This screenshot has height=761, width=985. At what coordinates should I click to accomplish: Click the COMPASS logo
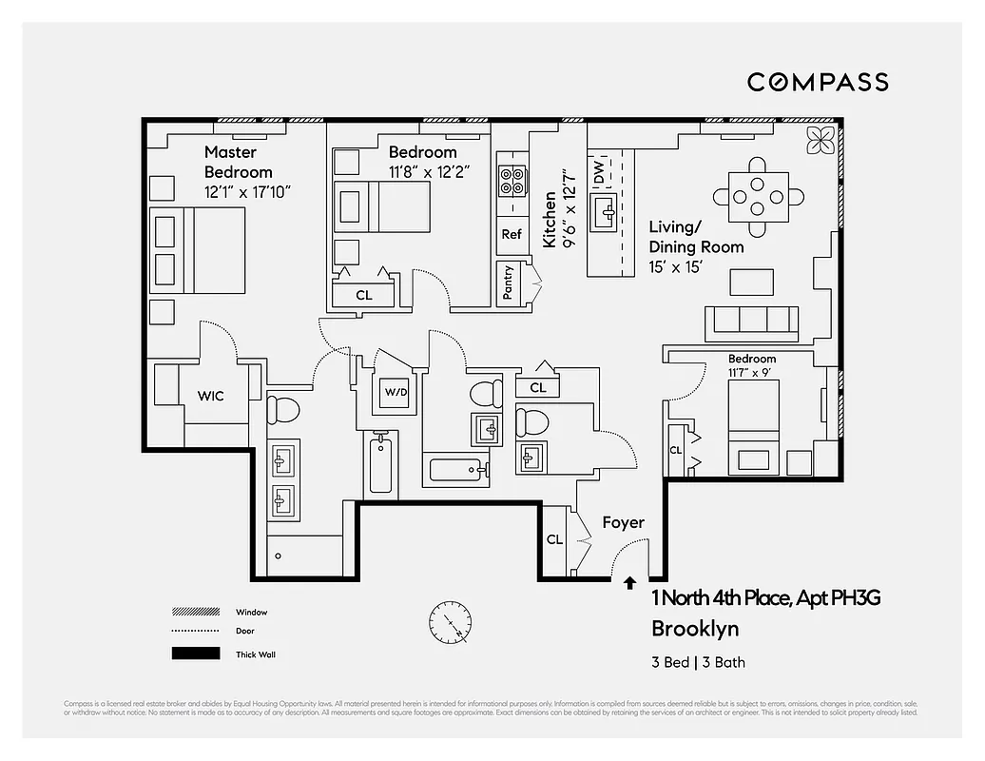point(817,82)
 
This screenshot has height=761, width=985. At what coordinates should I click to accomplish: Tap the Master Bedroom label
point(238,162)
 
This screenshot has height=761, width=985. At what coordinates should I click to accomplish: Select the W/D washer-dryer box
point(395,391)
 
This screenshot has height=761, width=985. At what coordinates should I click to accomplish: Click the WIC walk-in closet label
point(211,395)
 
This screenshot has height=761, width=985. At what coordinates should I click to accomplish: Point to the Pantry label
point(509,283)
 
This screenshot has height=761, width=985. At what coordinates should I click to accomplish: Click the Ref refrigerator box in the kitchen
point(512,234)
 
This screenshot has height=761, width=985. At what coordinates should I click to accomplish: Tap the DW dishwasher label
point(599,173)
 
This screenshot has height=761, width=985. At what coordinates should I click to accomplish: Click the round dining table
point(758,197)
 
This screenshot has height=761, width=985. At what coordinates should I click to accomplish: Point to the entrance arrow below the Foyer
point(628,583)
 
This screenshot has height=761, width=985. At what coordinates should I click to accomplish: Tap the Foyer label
point(623,522)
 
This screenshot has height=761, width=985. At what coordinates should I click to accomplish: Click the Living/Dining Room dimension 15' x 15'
point(675,267)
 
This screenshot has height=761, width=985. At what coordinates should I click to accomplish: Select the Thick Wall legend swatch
point(195,654)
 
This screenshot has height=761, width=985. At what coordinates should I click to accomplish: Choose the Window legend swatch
point(195,612)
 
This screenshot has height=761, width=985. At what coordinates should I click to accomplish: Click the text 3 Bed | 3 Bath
point(691,662)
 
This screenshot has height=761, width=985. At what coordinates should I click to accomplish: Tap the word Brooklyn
point(694,629)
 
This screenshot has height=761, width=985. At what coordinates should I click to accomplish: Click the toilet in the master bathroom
point(282,409)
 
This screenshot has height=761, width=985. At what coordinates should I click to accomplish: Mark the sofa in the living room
point(750,322)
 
